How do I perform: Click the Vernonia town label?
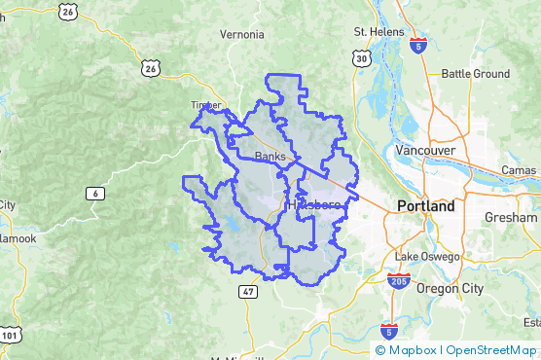pyautogui.click(x=241, y=35)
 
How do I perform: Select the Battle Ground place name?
pyautogui.click(x=475, y=74)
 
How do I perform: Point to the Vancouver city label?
pyautogui.click(x=425, y=151)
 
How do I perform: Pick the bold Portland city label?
pyautogui.click(x=425, y=207)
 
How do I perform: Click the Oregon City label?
pyautogui.click(x=450, y=288)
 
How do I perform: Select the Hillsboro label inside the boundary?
pyautogui.click(x=313, y=206)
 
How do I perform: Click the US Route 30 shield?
pyautogui.click(x=362, y=59)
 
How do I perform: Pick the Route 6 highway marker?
pyautogui.click(x=94, y=194)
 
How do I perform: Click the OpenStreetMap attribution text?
pyautogui.click(x=490, y=350)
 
